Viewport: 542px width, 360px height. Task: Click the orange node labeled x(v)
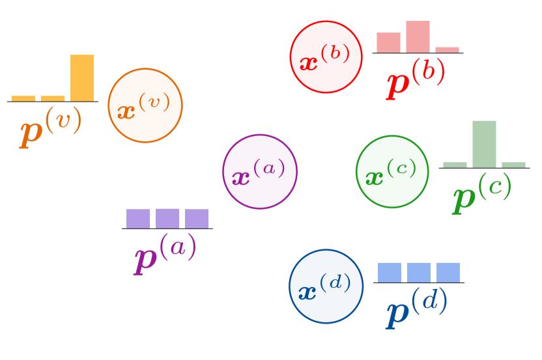pos(145,105)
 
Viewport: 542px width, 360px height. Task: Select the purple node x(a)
pos(260,172)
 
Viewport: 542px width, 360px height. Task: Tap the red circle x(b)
pos(326,57)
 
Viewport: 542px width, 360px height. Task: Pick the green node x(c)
pos(392,172)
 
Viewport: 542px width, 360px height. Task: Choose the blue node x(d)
pos(326,286)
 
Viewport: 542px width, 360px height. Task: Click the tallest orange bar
pos(82,78)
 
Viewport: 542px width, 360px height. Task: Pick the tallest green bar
pos(484,144)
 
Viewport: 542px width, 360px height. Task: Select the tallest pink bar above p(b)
pos(418,36)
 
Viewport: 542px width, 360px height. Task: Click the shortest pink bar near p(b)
pos(447,49)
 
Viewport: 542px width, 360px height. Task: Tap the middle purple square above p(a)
pos(167,218)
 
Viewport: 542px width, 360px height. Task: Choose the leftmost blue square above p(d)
pos(390,272)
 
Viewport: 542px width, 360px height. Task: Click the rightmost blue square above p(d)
pos(448,272)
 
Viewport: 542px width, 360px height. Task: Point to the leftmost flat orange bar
pos(23,98)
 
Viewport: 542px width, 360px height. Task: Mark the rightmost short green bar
pos(513,165)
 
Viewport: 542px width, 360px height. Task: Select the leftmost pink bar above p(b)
pos(388,42)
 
